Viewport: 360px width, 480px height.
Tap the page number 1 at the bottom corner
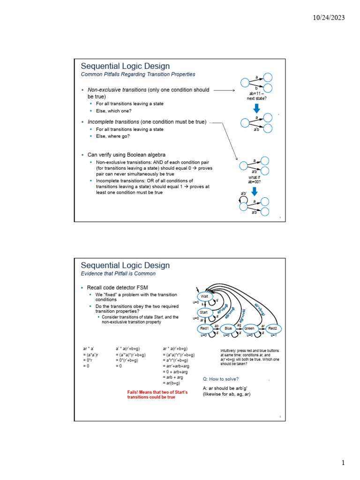(x=343, y=463)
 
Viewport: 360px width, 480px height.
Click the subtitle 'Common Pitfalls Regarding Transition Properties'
(x=138, y=75)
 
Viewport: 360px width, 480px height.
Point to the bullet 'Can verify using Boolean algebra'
(x=126, y=154)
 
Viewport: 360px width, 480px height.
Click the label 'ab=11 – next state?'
(x=256, y=96)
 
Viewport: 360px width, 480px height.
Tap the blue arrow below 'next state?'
(x=256, y=108)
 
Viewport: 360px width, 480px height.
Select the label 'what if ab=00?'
(x=254, y=180)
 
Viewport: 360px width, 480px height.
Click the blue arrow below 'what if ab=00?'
(x=255, y=191)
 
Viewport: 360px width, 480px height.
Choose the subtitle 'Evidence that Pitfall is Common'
(x=118, y=274)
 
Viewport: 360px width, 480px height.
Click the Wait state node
(x=204, y=297)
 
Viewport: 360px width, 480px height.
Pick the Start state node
(x=204, y=312)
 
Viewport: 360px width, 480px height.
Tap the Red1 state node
(x=204, y=329)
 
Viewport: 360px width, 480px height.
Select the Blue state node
(x=228, y=329)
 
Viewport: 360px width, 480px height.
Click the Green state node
(x=249, y=329)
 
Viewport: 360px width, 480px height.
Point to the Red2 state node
(x=272, y=329)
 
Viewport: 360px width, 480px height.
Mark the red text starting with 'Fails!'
(x=157, y=394)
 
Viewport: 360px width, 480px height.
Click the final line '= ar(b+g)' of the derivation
(x=171, y=383)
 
